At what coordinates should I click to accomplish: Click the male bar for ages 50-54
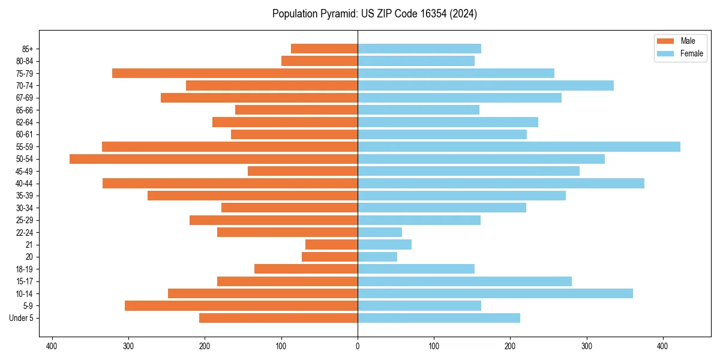214,159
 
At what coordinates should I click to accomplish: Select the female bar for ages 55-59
519,146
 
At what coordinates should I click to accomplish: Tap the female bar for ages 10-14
495,293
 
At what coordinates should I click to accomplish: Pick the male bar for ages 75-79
235,73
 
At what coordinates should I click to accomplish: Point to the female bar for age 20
377,257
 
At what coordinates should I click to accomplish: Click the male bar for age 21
331,245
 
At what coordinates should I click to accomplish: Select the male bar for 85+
324,49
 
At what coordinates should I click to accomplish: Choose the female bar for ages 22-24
380,232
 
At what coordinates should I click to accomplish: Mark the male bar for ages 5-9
241,306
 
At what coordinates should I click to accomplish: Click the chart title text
374,14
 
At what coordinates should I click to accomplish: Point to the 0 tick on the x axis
358,346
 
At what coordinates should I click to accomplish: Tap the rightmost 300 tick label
586,346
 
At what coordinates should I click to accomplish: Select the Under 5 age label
21,318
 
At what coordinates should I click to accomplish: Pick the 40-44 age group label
24,184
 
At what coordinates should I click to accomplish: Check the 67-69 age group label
24,98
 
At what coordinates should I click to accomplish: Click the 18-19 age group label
24,269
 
